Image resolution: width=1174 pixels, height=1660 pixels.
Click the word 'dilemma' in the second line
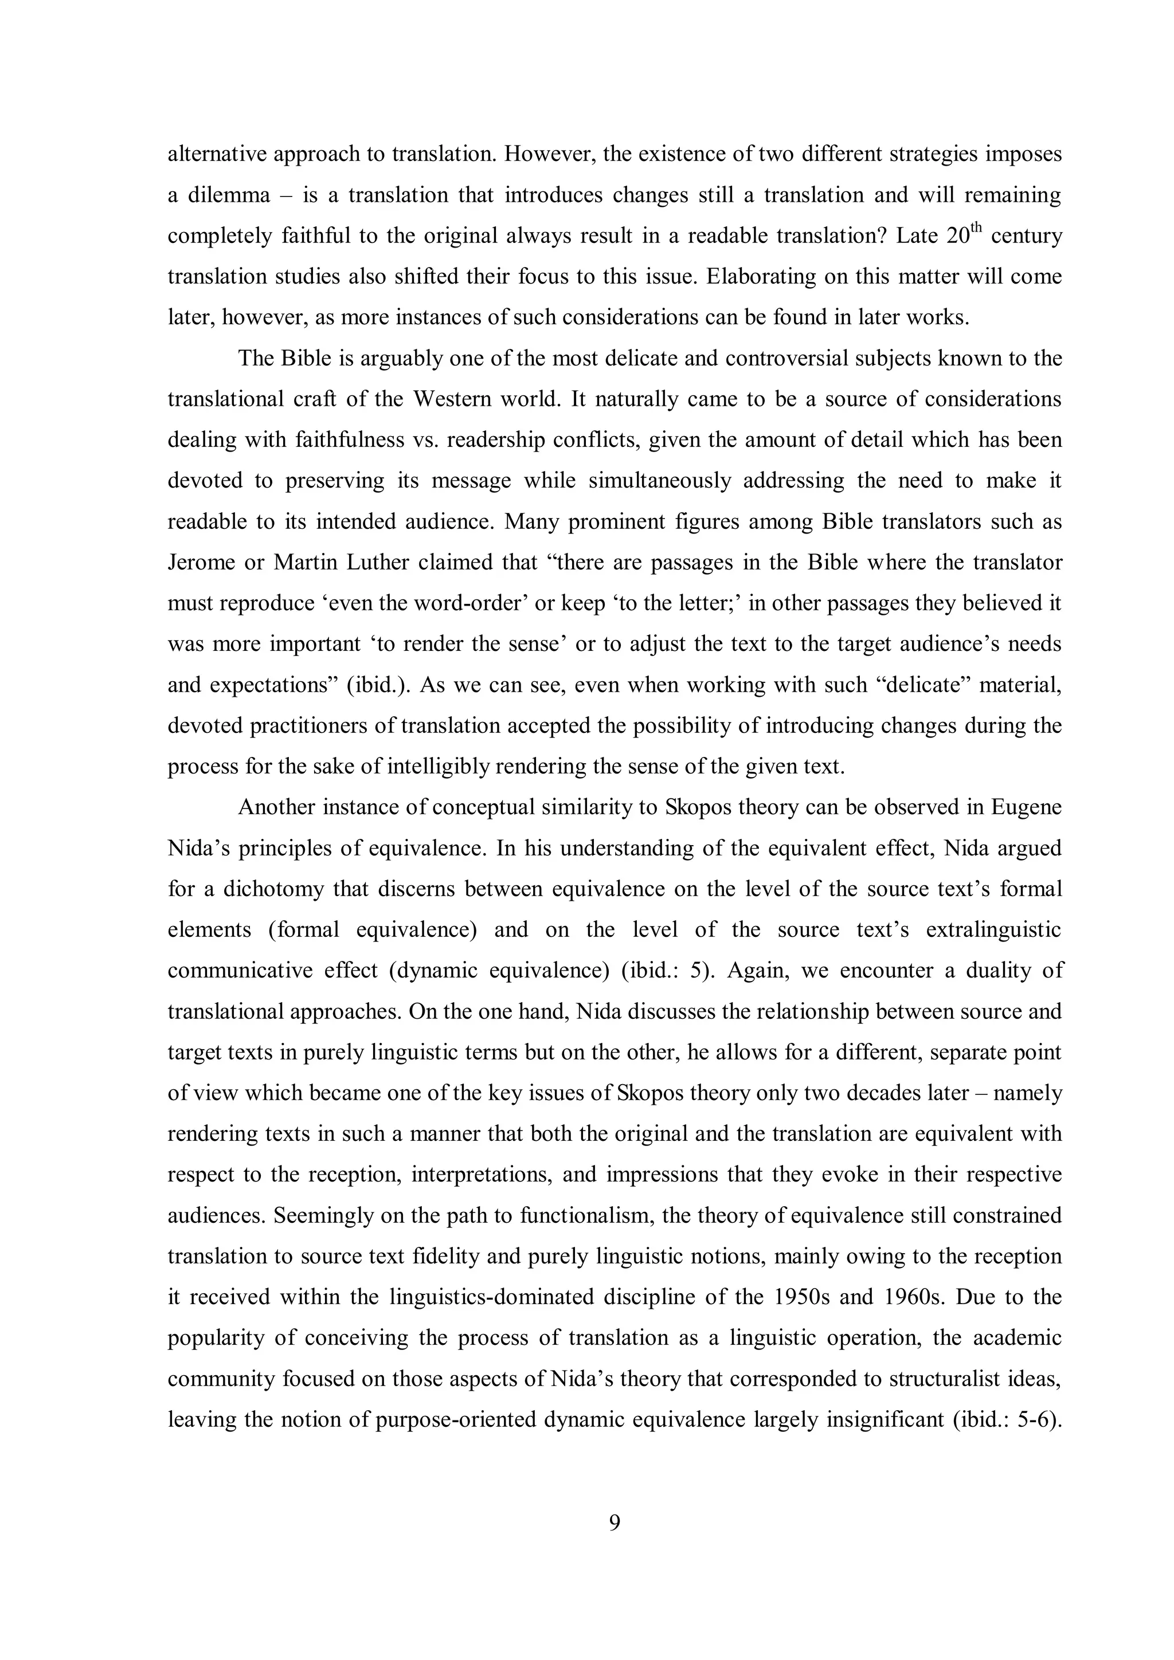229,195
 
